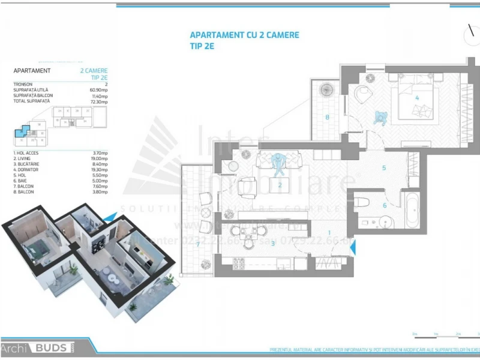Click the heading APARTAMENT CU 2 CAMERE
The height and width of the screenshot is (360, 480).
click(x=244, y=35)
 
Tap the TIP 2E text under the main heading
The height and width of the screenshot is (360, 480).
click(x=202, y=46)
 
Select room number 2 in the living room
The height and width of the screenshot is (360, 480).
click(x=280, y=185)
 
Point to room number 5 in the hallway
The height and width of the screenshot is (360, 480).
click(x=384, y=167)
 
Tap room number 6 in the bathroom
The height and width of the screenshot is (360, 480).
click(x=385, y=205)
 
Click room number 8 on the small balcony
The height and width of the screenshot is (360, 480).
click(x=328, y=117)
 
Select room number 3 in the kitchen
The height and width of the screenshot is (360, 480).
click(x=273, y=243)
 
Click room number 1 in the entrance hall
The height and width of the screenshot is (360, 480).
click(x=329, y=232)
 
